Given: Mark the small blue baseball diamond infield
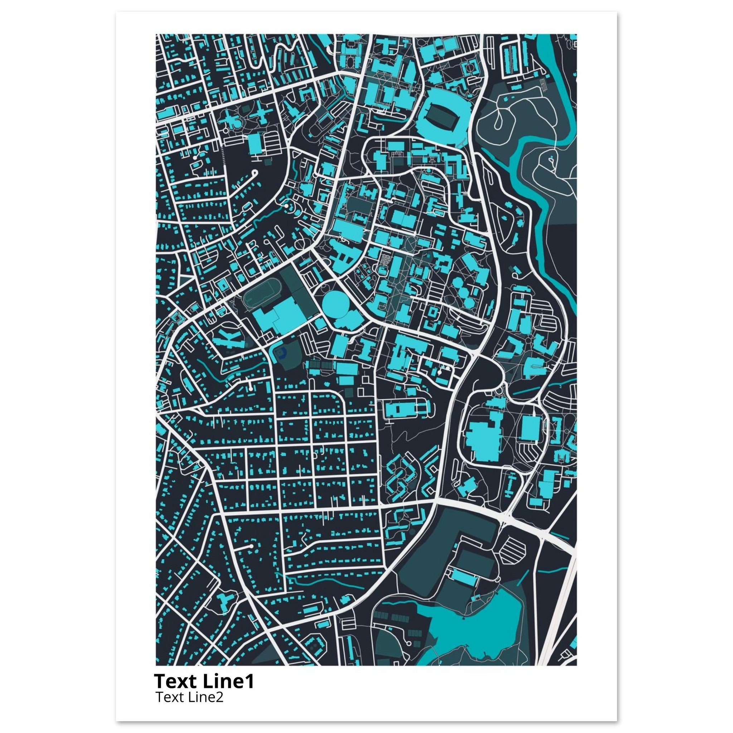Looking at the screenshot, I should coord(280,354).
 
